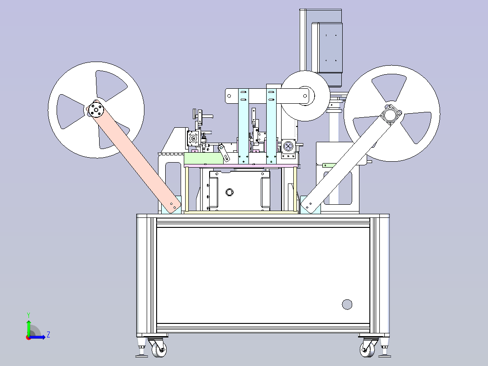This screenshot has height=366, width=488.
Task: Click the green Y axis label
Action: tap(29, 315)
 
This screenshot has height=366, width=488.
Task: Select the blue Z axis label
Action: tap(48, 335)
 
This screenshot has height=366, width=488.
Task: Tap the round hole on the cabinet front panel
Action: tap(347, 304)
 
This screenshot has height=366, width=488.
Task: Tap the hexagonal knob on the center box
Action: tap(230, 192)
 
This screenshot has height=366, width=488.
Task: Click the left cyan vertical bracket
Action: tap(244, 126)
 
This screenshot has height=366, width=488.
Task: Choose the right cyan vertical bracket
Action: tap(271, 126)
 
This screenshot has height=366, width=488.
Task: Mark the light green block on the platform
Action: tap(203, 159)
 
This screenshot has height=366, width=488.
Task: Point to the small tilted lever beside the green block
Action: tap(224, 153)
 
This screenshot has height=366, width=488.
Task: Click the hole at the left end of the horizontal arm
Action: tap(230, 96)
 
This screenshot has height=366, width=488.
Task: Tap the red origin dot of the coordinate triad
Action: tap(29, 337)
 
